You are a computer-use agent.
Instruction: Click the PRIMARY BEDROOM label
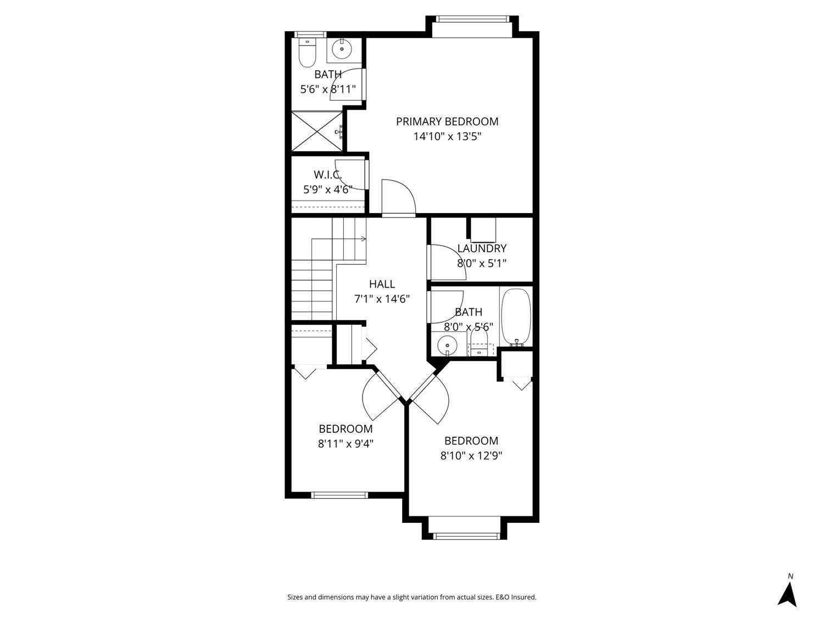click(447, 121)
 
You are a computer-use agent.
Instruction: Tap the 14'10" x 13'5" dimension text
click(447, 136)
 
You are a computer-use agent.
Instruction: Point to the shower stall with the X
click(316, 131)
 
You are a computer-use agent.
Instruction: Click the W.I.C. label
click(328, 175)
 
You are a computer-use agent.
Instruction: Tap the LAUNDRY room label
click(482, 248)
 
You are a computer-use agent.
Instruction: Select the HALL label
click(382, 284)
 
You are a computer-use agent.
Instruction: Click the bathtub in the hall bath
click(516, 316)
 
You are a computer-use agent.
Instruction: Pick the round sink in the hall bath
click(447, 346)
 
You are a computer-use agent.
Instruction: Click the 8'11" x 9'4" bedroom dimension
click(346, 443)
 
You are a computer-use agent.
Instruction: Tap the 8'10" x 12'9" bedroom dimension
click(471, 455)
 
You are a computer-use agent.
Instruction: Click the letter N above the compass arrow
click(790, 576)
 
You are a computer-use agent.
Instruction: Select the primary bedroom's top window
click(472, 20)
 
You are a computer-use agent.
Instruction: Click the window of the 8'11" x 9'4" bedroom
click(339, 495)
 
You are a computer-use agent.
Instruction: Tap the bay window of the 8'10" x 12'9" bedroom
click(464, 536)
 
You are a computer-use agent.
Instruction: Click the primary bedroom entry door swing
click(398, 197)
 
